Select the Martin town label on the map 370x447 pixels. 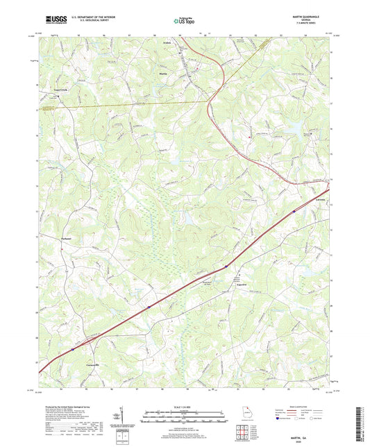point(163,73)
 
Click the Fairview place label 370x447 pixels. point(242,276)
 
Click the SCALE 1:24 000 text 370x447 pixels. point(185,407)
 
